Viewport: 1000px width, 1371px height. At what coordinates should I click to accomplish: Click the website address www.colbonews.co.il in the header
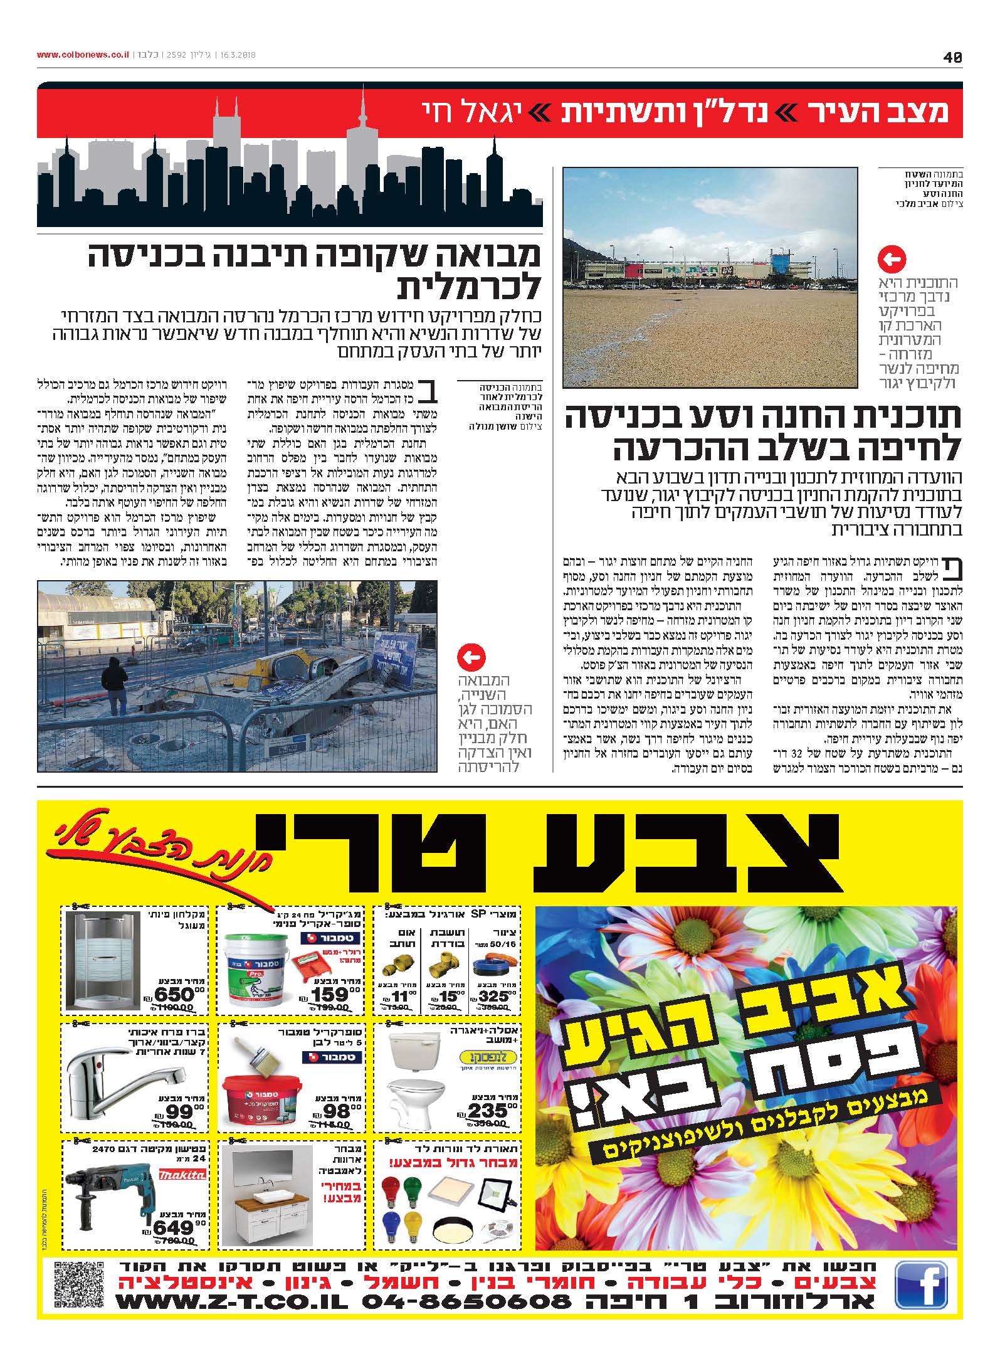[83, 55]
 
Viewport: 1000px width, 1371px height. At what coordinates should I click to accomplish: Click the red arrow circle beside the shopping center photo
[893, 259]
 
